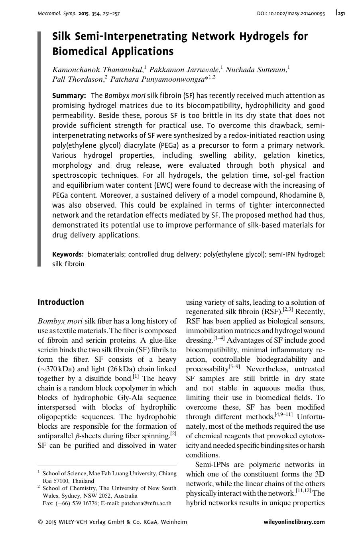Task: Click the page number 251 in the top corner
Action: [340, 14]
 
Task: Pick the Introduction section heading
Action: [61, 302]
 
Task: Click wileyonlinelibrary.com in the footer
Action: [294, 522]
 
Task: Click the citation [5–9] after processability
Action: [234, 367]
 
